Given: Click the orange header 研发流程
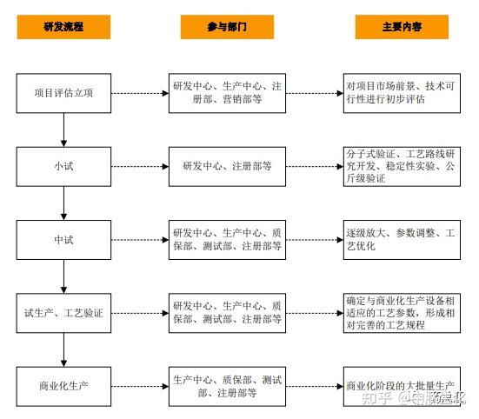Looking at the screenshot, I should (x=64, y=27).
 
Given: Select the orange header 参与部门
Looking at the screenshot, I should (x=227, y=27).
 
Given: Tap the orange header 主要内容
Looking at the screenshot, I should (x=402, y=27).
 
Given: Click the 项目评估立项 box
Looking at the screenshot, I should (x=64, y=94).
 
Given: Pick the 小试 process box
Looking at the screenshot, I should (x=64, y=165).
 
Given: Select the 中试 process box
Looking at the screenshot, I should (x=64, y=239).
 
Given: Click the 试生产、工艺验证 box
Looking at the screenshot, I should (x=64, y=312).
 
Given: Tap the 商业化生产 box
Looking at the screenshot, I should (x=64, y=385).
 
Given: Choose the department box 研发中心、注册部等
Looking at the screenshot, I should (x=227, y=165).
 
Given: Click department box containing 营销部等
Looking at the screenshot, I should (x=227, y=94).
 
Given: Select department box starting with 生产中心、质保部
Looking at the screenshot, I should (x=227, y=386).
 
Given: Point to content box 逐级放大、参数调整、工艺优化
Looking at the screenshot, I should (x=401, y=239).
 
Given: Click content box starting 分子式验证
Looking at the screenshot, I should (x=401, y=165).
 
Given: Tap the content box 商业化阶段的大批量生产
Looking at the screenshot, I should (x=401, y=385).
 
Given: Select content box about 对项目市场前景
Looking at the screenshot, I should (x=401, y=94).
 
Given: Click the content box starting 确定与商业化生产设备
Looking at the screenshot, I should (x=401, y=312).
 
